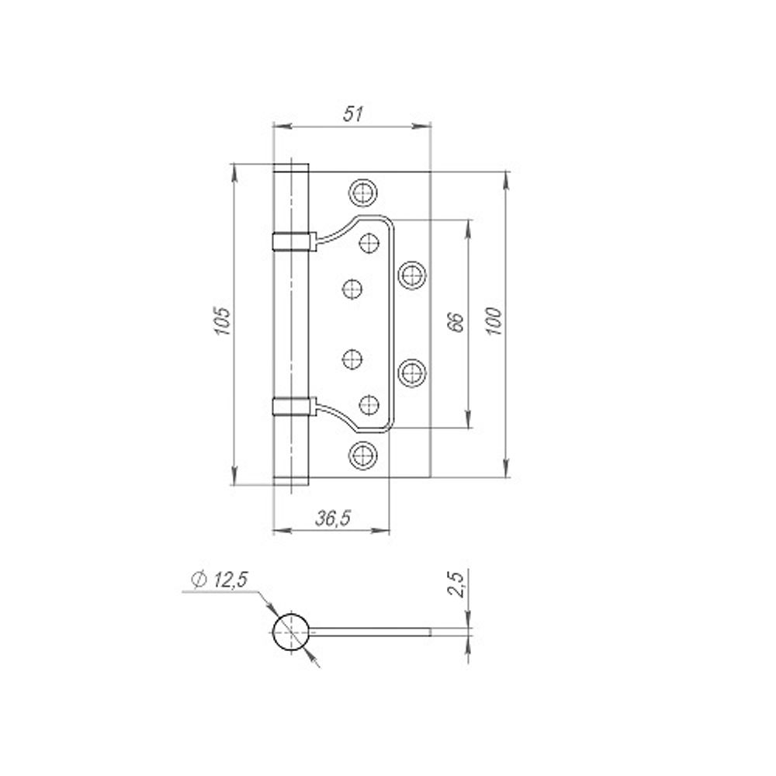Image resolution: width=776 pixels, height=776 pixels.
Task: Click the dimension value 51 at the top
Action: point(353,114)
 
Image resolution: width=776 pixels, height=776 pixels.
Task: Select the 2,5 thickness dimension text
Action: point(457,584)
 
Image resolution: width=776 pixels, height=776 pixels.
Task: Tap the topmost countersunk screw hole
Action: point(362,191)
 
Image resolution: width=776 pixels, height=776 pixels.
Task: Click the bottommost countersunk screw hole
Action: point(362,454)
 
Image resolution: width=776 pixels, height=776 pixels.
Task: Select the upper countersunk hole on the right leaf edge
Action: point(412,273)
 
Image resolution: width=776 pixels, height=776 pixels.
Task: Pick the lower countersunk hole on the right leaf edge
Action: point(412,372)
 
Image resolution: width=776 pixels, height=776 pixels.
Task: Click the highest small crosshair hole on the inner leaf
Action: point(370,242)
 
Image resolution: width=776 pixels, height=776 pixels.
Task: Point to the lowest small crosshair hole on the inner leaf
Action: point(370,403)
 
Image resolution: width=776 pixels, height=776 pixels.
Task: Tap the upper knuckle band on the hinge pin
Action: point(292,241)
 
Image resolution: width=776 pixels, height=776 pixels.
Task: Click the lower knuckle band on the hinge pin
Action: point(292,406)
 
